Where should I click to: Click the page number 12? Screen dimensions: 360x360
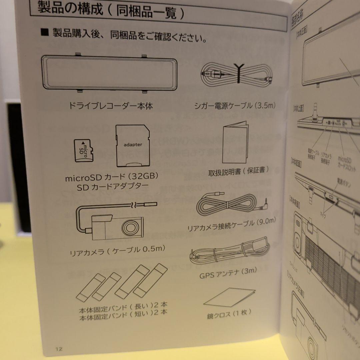[x=59, y=349]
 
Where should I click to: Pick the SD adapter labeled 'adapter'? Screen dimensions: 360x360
[x=133, y=146]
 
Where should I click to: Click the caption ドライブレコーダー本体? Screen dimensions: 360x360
[x=111, y=107]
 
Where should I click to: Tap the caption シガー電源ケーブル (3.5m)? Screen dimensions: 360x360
[x=236, y=106]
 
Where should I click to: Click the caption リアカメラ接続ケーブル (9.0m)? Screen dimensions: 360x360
[x=232, y=225]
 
